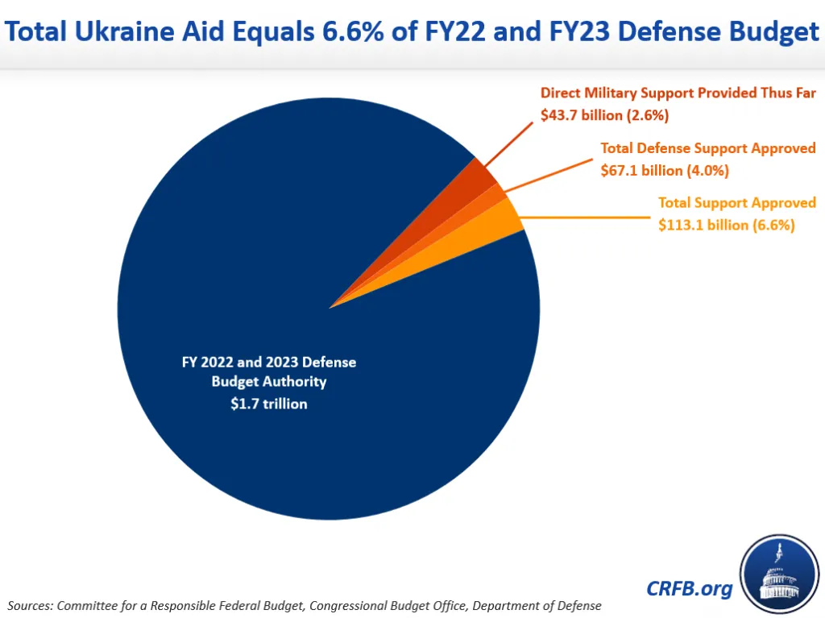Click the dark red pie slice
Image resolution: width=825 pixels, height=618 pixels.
pos(475,177)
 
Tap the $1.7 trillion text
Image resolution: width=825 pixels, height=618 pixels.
pos(268,404)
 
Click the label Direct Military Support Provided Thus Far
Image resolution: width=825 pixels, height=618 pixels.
pos(678,93)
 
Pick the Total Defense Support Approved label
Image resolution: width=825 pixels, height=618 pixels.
pos(708,148)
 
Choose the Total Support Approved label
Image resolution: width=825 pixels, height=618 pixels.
pos(736,203)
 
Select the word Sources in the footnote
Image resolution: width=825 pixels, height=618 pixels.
pos(31,605)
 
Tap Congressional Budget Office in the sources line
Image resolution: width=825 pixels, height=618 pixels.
pos(371,605)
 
